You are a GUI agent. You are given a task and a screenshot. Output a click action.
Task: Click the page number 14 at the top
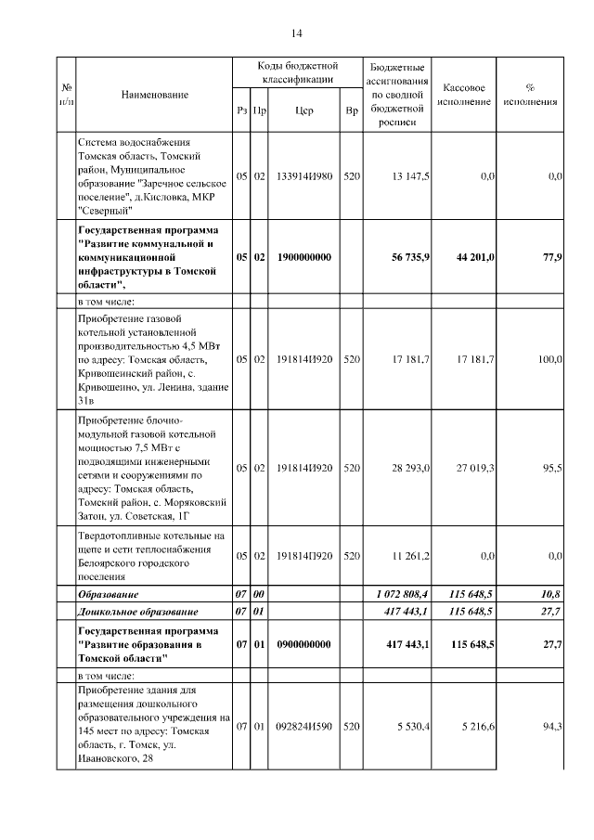point(297,34)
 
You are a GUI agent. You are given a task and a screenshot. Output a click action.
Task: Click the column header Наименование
point(154,96)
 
